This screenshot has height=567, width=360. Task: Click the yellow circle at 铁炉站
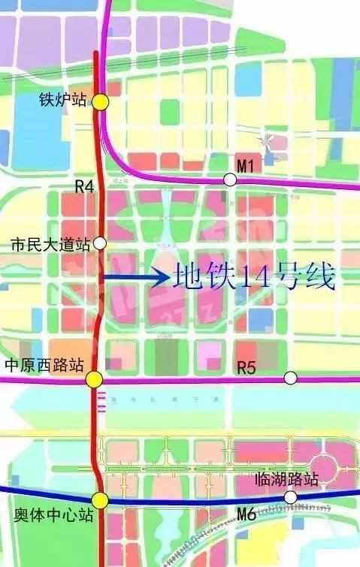coord(101,102)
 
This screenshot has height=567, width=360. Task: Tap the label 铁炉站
coord(63,100)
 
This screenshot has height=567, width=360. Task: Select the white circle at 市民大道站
coord(100,243)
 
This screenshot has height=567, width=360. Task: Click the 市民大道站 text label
coord(50,244)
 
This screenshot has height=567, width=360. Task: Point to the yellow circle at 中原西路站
coord(94,380)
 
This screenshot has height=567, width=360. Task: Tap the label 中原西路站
coord(43,366)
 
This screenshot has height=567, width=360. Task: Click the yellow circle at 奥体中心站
coord(100,500)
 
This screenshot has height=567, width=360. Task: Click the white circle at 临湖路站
coord(290,497)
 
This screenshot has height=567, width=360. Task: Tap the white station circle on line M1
coord(230,179)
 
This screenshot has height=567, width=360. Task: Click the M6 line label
coord(247,514)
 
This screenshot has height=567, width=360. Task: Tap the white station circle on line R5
coord(290,378)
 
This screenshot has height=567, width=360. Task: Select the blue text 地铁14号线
coord(253,278)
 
